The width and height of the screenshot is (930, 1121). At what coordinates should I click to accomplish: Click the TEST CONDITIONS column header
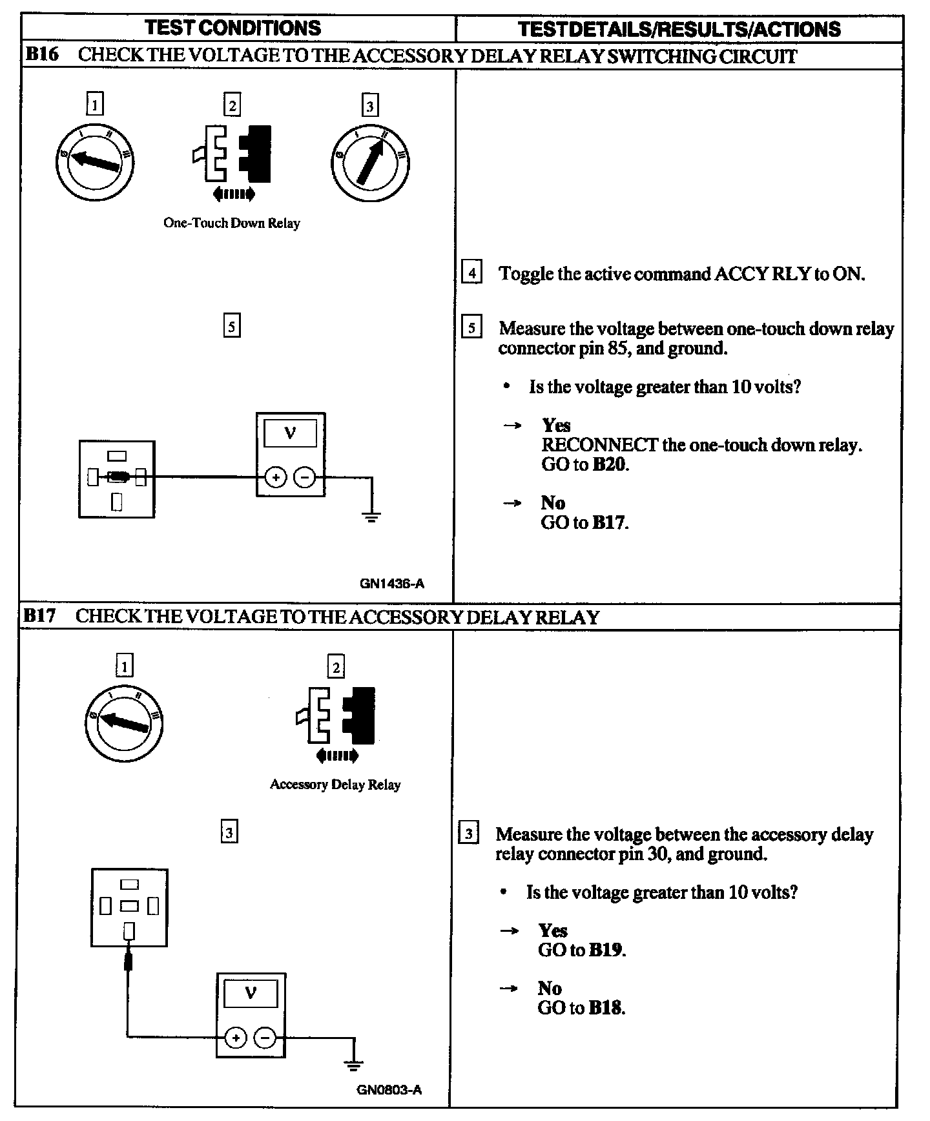point(233,28)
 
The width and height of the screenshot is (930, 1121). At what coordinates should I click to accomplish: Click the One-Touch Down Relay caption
point(231,223)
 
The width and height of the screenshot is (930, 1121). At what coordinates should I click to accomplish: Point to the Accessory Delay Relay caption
point(335,785)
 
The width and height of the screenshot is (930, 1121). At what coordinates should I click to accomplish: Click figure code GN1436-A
point(391,584)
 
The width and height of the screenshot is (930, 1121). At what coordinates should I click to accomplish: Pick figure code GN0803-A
point(389,1090)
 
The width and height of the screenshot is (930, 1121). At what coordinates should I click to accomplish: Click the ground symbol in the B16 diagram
point(371,516)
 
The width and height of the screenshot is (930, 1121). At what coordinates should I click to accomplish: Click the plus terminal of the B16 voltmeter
point(276,478)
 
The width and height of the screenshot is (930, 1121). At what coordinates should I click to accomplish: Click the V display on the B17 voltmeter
point(250,994)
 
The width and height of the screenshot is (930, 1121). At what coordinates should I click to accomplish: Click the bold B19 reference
point(607,950)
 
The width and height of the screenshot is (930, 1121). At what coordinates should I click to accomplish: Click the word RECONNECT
point(599,445)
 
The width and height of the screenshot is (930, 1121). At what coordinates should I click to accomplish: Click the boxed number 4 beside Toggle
point(471,273)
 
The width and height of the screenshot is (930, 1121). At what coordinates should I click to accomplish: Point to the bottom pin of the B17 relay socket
point(129,931)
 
